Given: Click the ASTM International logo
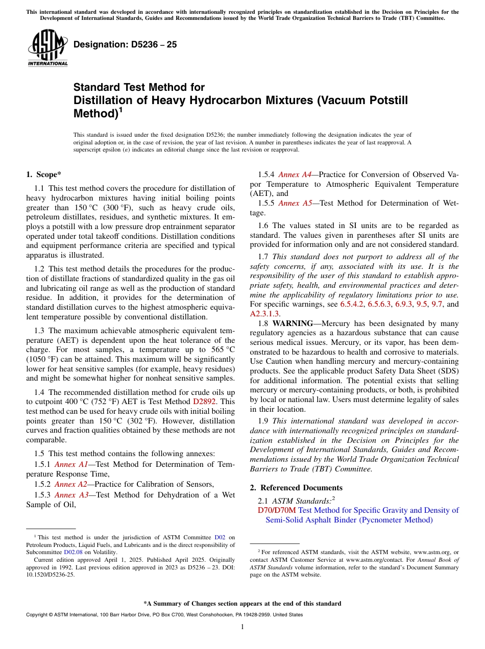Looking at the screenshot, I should coord(47,48).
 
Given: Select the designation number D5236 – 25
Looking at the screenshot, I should coord(125,44).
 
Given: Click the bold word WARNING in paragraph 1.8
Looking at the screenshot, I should coord(293,323).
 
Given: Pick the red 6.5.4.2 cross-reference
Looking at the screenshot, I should coord(352,304).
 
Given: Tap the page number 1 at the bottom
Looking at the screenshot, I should coord(242,627).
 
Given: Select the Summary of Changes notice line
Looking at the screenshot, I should coord(242,604).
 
